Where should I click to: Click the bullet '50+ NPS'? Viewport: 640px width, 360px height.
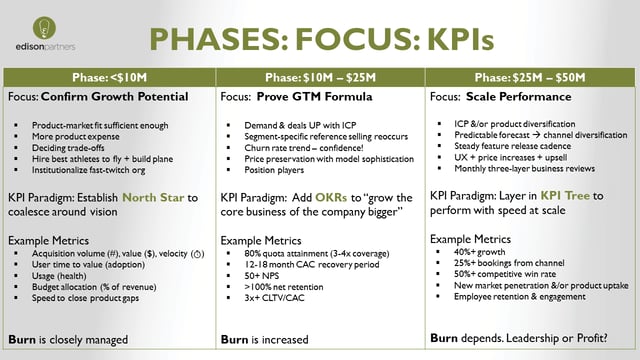coord(262,272)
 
